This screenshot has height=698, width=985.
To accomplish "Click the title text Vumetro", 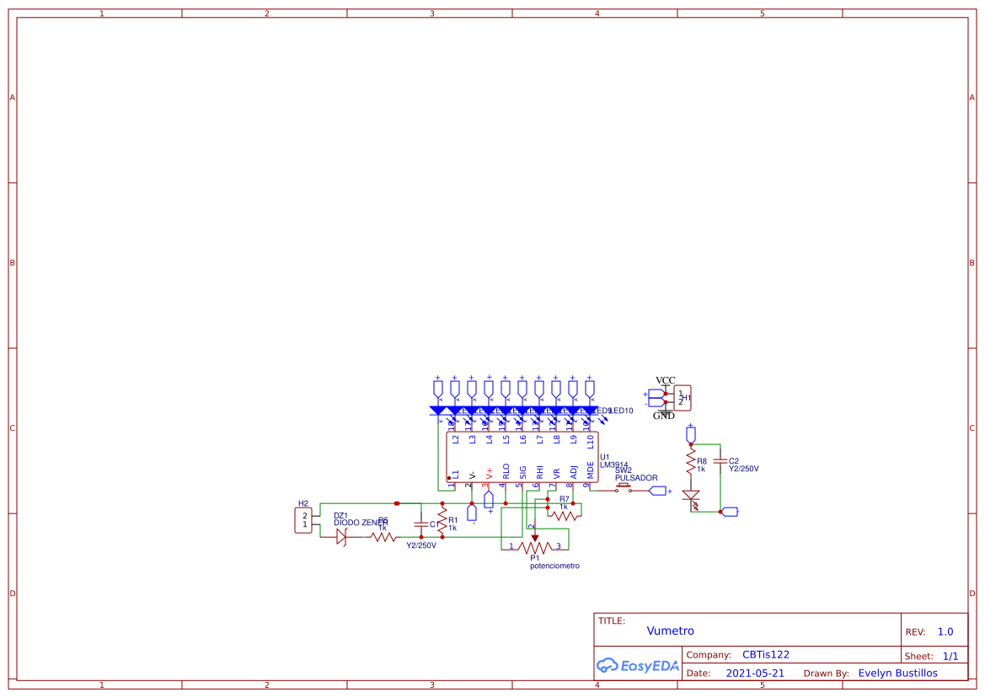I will pos(670,631).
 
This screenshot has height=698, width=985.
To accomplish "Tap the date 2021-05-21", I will pos(755,674).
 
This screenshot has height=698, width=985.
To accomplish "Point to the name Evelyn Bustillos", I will pos(897,674).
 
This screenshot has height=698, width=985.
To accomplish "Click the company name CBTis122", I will pos(765,655).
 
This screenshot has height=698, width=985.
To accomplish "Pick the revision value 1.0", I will pos(945,631).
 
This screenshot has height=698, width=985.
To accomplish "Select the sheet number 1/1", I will pos(950,656).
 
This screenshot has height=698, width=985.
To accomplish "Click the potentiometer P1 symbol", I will pos(534,545).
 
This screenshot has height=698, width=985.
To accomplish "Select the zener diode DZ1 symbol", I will pos(342,536).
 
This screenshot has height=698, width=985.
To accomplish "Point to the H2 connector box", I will pos(305,520).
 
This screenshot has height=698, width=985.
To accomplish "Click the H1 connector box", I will pos(682,397).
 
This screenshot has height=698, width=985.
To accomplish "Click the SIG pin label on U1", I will pos(522,471).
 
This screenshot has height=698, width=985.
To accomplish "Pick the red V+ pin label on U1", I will pos(489,473).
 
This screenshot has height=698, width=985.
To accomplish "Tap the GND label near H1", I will pos(664,416).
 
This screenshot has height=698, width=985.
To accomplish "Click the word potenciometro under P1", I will pos(554,566).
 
